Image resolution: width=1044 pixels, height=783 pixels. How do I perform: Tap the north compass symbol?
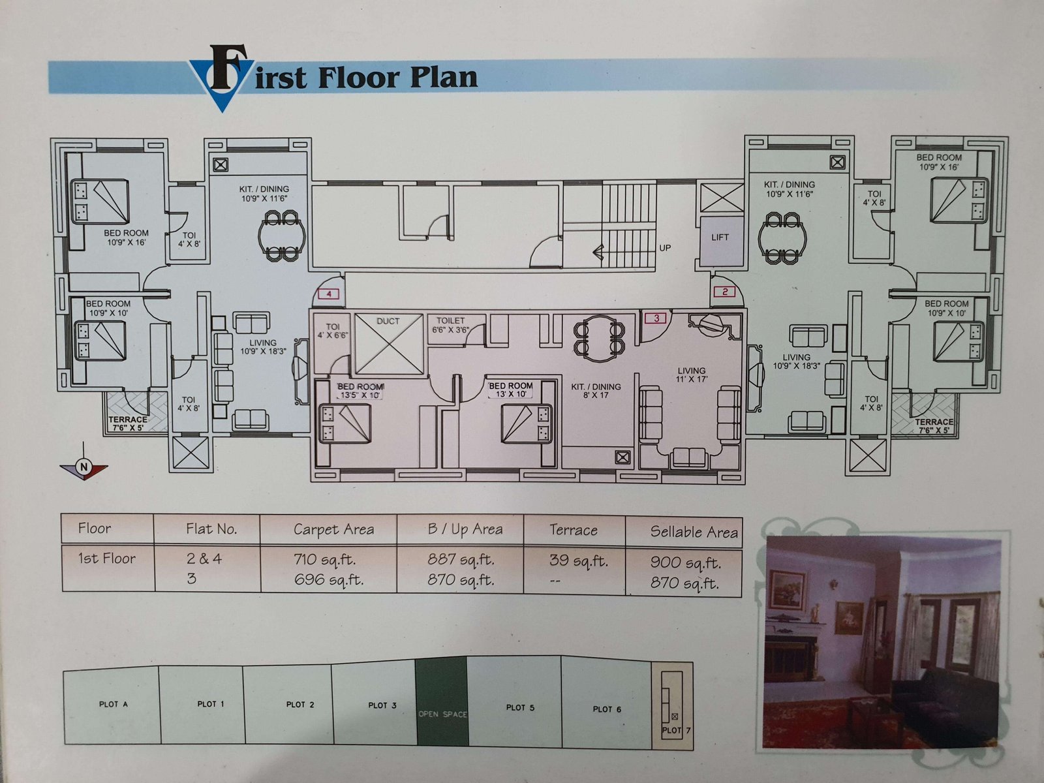click(84, 467)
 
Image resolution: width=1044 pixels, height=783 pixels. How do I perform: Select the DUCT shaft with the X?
click(389, 343)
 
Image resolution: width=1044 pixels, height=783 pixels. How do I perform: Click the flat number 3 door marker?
click(656, 318)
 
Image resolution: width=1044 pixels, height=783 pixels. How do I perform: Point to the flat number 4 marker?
click(329, 294)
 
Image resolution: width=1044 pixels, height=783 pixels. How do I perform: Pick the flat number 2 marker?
click(725, 292)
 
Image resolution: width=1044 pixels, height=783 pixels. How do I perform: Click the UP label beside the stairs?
click(665, 248)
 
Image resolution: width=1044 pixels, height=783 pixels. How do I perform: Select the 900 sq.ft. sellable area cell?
click(685, 562)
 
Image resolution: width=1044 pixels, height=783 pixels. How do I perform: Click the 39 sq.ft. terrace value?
click(578, 560)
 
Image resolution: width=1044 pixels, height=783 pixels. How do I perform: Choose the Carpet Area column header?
click(333, 529)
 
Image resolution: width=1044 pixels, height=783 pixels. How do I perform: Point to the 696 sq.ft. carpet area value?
click(329, 579)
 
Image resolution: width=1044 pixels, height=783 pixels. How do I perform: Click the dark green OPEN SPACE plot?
click(442, 701)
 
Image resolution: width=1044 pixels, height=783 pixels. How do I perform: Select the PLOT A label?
click(113, 704)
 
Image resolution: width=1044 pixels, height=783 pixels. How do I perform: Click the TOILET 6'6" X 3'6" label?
click(450, 325)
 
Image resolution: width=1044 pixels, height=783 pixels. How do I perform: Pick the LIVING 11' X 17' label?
click(692, 375)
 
